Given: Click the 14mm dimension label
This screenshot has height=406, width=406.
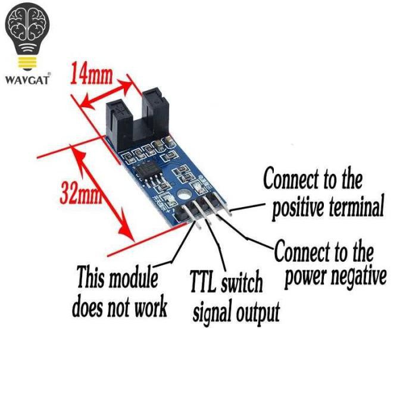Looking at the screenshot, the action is point(92,73).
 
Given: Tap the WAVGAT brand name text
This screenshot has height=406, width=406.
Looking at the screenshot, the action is point(27,80).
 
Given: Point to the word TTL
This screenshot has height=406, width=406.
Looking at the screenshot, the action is point(203,281).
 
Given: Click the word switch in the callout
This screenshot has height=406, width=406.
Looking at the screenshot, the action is point(242,282).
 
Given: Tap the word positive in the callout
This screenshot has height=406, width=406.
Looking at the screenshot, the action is point(298,208).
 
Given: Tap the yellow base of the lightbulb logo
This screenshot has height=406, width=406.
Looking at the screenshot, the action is point(27,62).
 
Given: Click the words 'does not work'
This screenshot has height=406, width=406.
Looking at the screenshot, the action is point(119,307).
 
